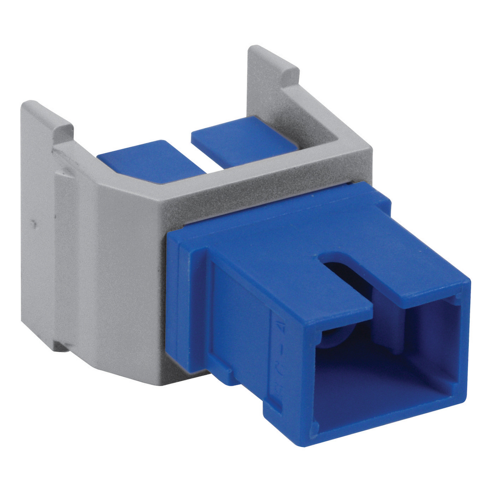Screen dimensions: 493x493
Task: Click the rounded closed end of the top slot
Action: point(325,260)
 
